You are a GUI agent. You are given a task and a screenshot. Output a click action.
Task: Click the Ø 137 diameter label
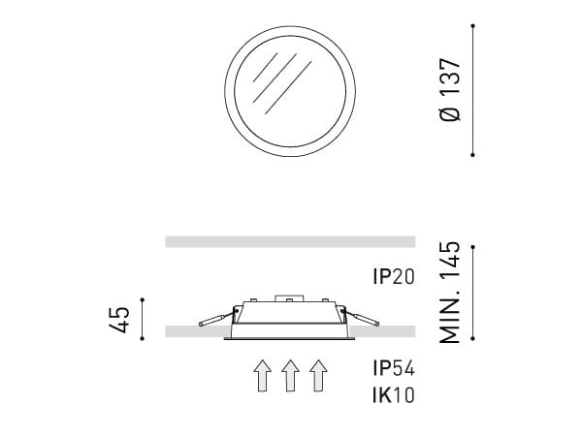(449, 88)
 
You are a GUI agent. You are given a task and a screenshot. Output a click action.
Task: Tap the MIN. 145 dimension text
(449, 292)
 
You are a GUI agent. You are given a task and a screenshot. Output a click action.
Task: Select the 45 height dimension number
(119, 319)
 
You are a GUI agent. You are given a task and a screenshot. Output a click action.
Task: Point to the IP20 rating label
(393, 277)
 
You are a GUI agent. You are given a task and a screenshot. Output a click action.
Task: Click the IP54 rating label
(393, 368)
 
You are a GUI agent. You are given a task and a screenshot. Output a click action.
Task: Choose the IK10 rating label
(393, 394)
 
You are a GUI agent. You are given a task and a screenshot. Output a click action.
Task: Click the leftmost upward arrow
(261, 375)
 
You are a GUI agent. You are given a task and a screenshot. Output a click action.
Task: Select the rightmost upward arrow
(317, 375)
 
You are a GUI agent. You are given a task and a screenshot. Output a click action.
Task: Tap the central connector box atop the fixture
(290, 299)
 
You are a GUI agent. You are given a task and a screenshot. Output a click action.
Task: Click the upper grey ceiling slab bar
(290, 241)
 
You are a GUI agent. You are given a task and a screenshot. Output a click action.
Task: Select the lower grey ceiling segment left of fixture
(194, 332)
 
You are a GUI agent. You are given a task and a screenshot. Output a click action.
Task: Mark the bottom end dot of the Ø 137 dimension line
(473, 153)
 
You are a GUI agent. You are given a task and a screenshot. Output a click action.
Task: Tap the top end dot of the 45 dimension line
(142, 299)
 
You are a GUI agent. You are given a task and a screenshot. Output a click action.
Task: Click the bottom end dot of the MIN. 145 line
(473, 338)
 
